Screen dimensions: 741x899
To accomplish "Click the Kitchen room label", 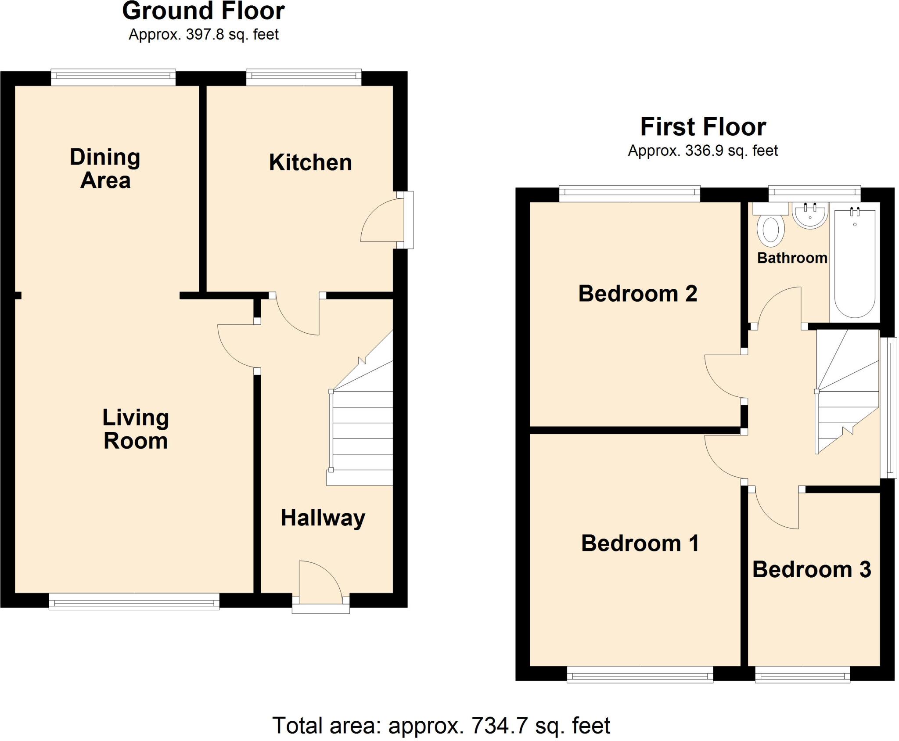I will pyautogui.click(x=310, y=163).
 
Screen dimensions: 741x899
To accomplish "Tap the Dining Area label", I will pyautogui.click(x=105, y=169).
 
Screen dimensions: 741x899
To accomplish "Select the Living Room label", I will pyautogui.click(x=136, y=429).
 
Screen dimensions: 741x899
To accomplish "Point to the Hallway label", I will pyautogui.click(x=323, y=518).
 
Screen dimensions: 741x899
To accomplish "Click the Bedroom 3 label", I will pyautogui.click(x=811, y=570).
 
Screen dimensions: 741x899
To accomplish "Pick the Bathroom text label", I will pyautogui.click(x=792, y=258).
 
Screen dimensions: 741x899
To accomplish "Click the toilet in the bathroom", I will pyautogui.click(x=771, y=228).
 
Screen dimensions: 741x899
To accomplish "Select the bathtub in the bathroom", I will pyautogui.click(x=855, y=263).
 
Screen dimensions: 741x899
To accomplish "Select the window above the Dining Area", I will pyautogui.click(x=113, y=77).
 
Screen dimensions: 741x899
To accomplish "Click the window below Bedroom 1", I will pyautogui.click(x=640, y=675).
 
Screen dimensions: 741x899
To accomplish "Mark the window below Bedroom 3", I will pyautogui.click(x=802, y=675).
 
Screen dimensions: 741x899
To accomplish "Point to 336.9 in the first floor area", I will pyautogui.click(x=703, y=151).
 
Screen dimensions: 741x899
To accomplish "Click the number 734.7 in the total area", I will pyautogui.click(x=499, y=726).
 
